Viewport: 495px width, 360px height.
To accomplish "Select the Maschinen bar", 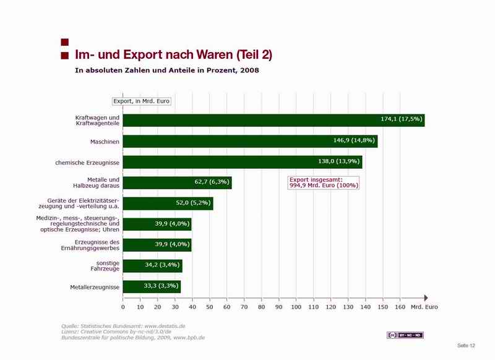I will click(250, 141).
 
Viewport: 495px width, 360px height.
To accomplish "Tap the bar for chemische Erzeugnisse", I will click(243, 162).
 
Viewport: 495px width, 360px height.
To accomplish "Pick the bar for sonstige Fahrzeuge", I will click(152, 266).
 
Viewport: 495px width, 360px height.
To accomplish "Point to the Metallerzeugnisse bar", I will click(152, 287).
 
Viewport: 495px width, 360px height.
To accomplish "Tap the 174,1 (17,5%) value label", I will click(401, 118).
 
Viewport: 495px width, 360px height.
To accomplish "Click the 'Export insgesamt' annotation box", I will click(324, 182).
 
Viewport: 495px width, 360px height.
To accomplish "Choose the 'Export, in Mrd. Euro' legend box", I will click(141, 101).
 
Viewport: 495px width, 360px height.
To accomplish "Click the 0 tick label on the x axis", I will click(123, 306).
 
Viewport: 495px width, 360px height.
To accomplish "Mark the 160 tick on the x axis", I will click(400, 306).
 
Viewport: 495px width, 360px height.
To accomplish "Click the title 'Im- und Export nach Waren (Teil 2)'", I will click(173, 55).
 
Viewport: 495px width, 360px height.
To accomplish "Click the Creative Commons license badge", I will click(405, 335).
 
